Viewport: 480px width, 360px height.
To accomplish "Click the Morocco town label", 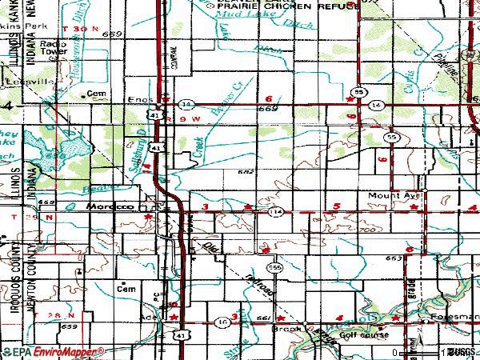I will (x=108, y=206).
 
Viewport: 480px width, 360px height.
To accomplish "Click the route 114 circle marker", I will (x=276, y=211).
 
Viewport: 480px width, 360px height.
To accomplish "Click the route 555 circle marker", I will (x=274, y=267).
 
